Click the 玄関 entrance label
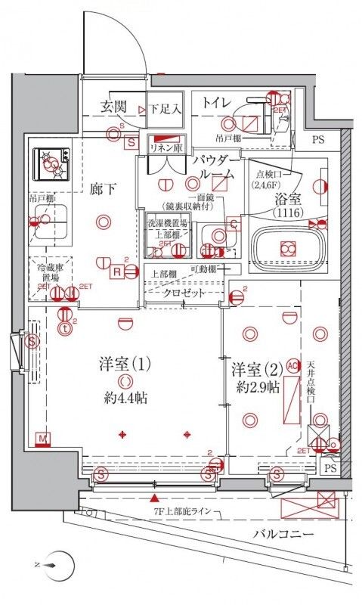click(115, 107)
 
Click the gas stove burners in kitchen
click(51, 161)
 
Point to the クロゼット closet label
click(183, 292)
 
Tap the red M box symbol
click(43, 438)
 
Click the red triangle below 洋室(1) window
click(155, 498)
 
